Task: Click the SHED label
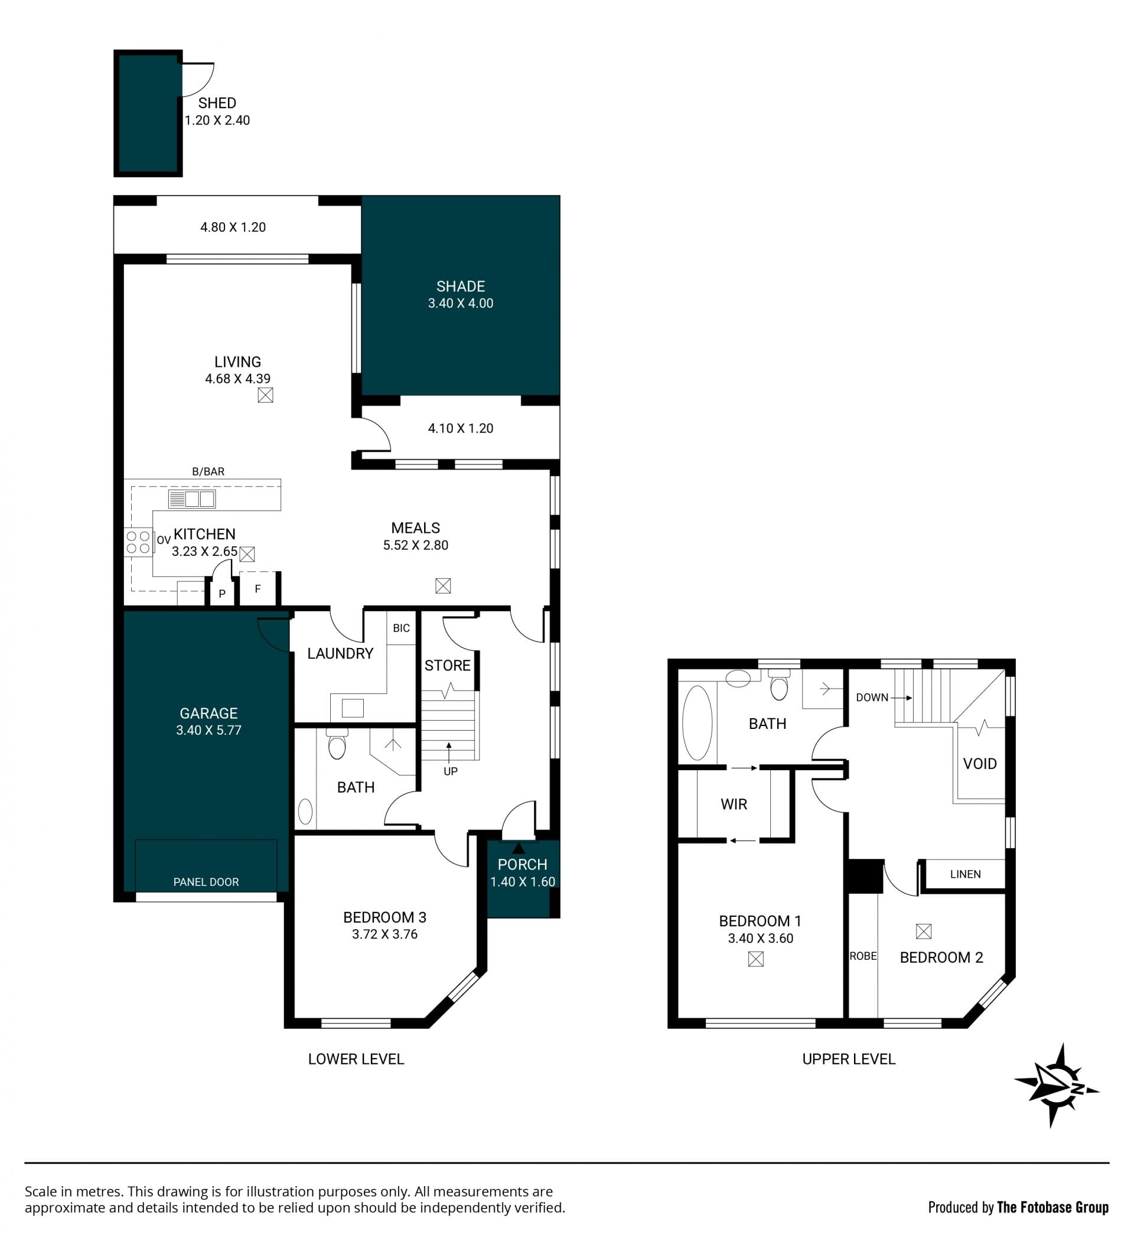[217, 103]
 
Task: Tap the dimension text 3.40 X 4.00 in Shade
[461, 303]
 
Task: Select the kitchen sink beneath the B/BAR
[191, 499]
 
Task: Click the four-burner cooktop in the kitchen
[138, 542]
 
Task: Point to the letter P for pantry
[222, 594]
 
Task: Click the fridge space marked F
[258, 589]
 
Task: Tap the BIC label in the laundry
[402, 628]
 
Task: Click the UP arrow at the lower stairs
[449, 753]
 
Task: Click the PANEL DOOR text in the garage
[206, 882]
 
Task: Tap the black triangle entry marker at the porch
[519, 848]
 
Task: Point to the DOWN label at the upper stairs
[872, 698]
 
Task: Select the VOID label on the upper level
[979, 764]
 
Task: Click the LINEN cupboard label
[965, 874]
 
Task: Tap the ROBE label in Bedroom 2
[863, 956]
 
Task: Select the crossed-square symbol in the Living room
[265, 395]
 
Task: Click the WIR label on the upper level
[734, 804]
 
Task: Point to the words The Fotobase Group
[1052, 1208]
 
